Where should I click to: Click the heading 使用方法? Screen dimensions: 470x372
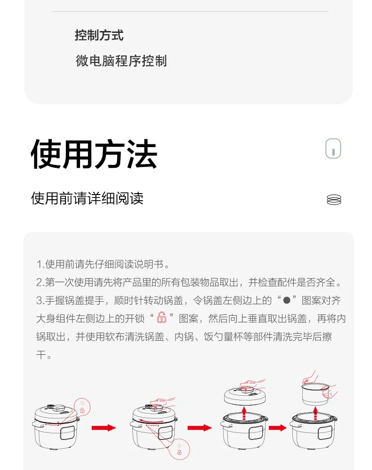[94, 154]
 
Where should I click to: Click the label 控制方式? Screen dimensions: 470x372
[99, 35]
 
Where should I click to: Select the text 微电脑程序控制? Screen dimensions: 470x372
[121, 61]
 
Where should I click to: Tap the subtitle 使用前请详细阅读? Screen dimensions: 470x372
[87, 198]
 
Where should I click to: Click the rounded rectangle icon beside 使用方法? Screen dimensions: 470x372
[333, 149]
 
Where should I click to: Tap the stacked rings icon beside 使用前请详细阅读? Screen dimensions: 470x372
[333, 199]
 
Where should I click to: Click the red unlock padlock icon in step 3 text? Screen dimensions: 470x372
[162, 318]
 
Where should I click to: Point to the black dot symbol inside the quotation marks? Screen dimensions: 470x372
[285, 300]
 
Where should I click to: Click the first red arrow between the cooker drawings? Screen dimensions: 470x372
[104, 428]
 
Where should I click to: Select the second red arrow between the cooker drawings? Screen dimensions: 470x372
[199, 428]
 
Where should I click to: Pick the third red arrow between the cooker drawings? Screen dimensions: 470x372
[278, 428]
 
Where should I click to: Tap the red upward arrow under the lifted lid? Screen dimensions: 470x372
[244, 415]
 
